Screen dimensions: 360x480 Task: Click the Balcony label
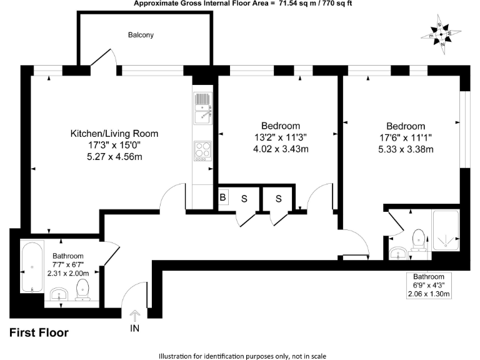pos(141,35)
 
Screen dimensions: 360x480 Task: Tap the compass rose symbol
pos(442,34)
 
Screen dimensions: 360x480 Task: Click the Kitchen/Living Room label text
pos(114,133)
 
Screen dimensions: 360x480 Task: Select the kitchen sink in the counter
pos(203,107)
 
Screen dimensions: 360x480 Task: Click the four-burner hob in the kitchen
pos(203,151)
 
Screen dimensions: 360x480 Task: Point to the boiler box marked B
pos(222,198)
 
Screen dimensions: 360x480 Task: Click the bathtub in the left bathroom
pos(32,267)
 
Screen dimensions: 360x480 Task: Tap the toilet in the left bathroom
pos(82,289)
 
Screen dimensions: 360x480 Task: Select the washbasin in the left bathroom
pos(59,294)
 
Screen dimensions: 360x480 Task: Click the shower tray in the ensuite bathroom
pos(445,229)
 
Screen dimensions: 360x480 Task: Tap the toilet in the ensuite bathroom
pos(419,238)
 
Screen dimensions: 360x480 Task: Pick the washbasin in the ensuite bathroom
pos(397,252)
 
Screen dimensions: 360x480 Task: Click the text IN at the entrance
pos(135,328)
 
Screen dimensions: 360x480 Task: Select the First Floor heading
pos(39,333)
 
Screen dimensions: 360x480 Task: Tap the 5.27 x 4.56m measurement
pos(114,157)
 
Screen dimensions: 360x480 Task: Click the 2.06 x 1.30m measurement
pos(428,294)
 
